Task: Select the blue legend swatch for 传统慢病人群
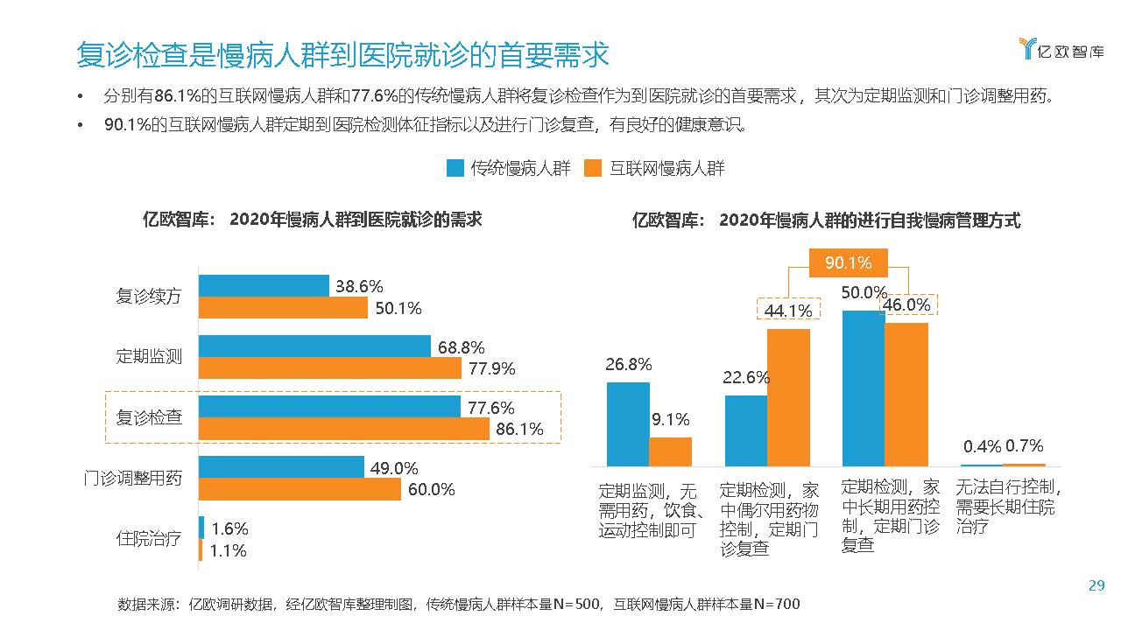(455, 168)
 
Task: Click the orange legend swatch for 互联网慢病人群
(593, 168)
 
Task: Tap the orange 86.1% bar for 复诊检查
(343, 429)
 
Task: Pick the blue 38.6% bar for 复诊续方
(264, 285)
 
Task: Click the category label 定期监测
(149, 356)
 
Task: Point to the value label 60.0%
(431, 490)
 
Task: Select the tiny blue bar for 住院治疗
(201, 528)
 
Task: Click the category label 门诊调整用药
(133, 479)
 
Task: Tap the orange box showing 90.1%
(848, 262)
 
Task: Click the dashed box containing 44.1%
(788, 310)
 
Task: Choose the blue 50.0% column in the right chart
(863, 388)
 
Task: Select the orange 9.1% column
(670, 451)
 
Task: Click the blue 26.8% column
(628, 423)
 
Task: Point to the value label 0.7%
(1025, 446)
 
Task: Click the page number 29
(1096, 586)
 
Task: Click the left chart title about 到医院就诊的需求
(313, 220)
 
